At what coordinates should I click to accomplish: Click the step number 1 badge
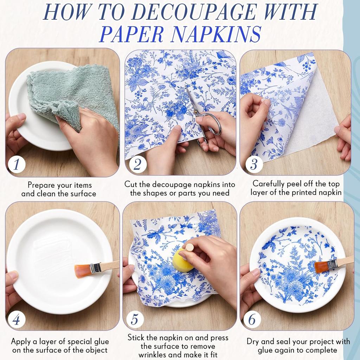[17, 164]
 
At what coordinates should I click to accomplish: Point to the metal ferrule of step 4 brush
[95, 268]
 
